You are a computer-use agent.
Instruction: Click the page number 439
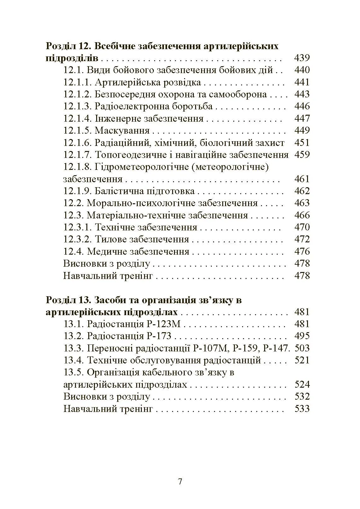pyautogui.click(x=302, y=58)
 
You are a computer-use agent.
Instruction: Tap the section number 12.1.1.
pyautogui.click(x=78, y=82)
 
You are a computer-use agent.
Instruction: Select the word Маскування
pyautogui.click(x=122, y=130)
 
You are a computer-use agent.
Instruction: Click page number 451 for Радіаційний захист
pyautogui.click(x=302, y=142)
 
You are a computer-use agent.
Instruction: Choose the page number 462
pyautogui.click(x=302, y=191)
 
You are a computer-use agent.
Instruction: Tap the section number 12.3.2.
pyautogui.click(x=78, y=239)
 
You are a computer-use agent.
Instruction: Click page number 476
pyautogui.click(x=302, y=252)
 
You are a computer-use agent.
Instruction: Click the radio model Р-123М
pyautogui.click(x=164, y=324)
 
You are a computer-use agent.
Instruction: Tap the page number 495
pyautogui.click(x=302, y=336)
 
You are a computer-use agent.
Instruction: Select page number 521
pyautogui.click(x=302, y=360)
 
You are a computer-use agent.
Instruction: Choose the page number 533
pyautogui.click(x=302, y=409)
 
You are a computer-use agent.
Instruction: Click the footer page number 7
pyautogui.click(x=180, y=482)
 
